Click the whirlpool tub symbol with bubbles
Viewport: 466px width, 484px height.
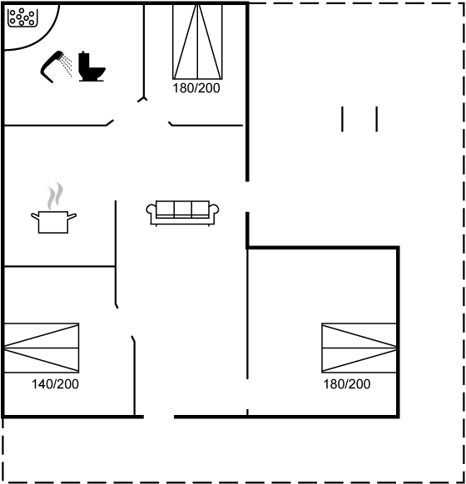pyautogui.click(x=22, y=17)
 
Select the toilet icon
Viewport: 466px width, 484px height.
pyautogui.click(x=92, y=67)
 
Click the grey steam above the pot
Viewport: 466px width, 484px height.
pyautogui.click(x=55, y=195)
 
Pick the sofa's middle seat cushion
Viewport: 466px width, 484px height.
pyautogui.click(x=182, y=210)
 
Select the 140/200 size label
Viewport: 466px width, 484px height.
pyautogui.click(x=55, y=384)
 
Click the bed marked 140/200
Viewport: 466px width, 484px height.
pyautogui.click(x=41, y=348)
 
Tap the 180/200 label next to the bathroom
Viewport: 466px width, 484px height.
pyautogui.click(x=196, y=88)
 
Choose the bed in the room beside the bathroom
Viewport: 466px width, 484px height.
pyautogui.click(x=197, y=42)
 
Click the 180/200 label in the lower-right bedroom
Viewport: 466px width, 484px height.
pyautogui.click(x=347, y=384)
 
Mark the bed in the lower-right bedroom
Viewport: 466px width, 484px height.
pyautogui.click(x=359, y=348)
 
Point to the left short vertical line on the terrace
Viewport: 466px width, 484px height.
pyautogui.click(x=342, y=119)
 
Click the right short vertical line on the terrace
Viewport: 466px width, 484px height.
pyautogui.click(x=377, y=119)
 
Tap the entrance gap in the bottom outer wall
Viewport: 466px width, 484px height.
pyautogui.click(x=159, y=417)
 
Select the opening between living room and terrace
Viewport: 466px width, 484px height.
pyautogui.click(x=247, y=196)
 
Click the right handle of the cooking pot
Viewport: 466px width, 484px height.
pyautogui.click(x=72, y=216)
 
